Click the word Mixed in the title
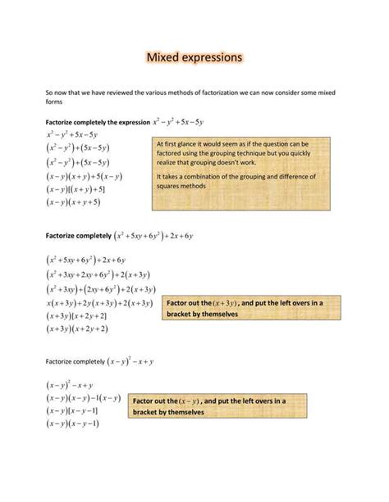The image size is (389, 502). (165, 58)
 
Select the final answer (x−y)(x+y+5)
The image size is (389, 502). (73, 201)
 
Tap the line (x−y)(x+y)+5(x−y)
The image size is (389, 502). (85, 175)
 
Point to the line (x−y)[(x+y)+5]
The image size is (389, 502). (76, 188)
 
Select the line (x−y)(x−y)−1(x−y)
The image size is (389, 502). (85, 398)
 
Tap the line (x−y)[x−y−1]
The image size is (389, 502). (73, 411)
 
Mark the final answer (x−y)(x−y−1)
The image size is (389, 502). (73, 424)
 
